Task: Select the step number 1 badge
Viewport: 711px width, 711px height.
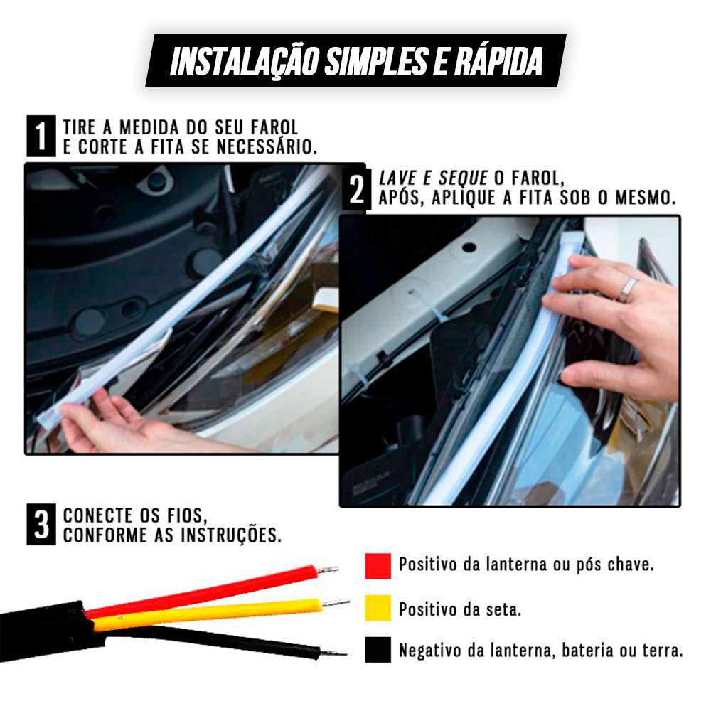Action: click(41, 136)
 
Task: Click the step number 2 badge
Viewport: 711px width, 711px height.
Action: click(357, 190)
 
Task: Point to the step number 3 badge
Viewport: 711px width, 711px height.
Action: click(41, 525)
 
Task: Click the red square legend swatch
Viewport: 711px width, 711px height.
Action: click(378, 565)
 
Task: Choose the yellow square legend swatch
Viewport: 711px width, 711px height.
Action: click(378, 608)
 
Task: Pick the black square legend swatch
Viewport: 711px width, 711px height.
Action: click(378, 650)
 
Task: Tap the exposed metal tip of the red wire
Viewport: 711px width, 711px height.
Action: click(328, 570)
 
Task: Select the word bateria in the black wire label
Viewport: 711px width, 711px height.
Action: click(585, 650)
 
